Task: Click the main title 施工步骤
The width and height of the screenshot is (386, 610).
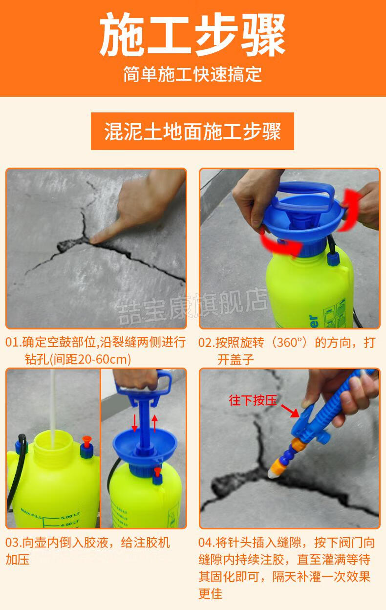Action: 193,35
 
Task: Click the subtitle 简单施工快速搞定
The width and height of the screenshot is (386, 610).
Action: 193,74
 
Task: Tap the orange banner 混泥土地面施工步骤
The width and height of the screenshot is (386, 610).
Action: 193,131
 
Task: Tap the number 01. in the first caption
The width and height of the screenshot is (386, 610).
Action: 13,342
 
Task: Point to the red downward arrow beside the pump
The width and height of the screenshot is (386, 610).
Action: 134,422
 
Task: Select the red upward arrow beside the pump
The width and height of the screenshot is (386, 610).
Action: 155,422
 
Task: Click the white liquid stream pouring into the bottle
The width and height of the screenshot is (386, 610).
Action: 51,401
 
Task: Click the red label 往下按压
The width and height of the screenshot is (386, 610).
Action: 253,401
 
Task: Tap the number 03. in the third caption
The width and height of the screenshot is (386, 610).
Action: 13,543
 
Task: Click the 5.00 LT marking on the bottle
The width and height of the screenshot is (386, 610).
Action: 69,517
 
